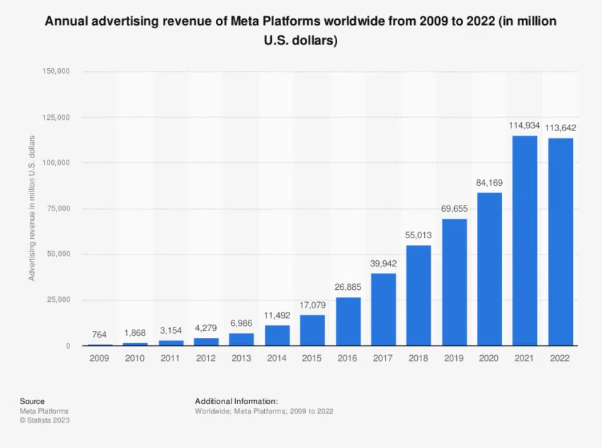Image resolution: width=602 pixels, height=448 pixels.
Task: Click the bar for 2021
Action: [525, 241]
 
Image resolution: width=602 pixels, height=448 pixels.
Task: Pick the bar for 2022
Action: [560, 242]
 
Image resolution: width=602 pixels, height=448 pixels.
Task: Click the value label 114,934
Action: [525, 125]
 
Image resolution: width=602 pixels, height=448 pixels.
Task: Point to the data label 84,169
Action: [489, 182]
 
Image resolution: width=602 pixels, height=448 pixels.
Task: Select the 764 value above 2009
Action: [100, 334]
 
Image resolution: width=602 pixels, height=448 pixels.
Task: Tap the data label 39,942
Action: [383, 263]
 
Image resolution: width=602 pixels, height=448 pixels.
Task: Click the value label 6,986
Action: [242, 323]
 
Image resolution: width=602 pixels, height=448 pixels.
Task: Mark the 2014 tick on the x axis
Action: [277, 359]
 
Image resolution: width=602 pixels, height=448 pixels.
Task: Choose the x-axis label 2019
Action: [454, 359]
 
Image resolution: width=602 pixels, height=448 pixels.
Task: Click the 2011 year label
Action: [171, 359]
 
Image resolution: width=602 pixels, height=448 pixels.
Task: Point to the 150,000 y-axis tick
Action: [56, 72]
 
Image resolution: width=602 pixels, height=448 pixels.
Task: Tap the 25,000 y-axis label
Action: [58, 300]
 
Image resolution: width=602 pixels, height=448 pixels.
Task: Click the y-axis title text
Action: [32, 208]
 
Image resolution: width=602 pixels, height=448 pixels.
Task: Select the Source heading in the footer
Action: [32, 401]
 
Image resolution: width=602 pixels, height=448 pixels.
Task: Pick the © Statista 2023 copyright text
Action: [45, 420]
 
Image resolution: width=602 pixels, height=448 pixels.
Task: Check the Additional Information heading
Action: [237, 401]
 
